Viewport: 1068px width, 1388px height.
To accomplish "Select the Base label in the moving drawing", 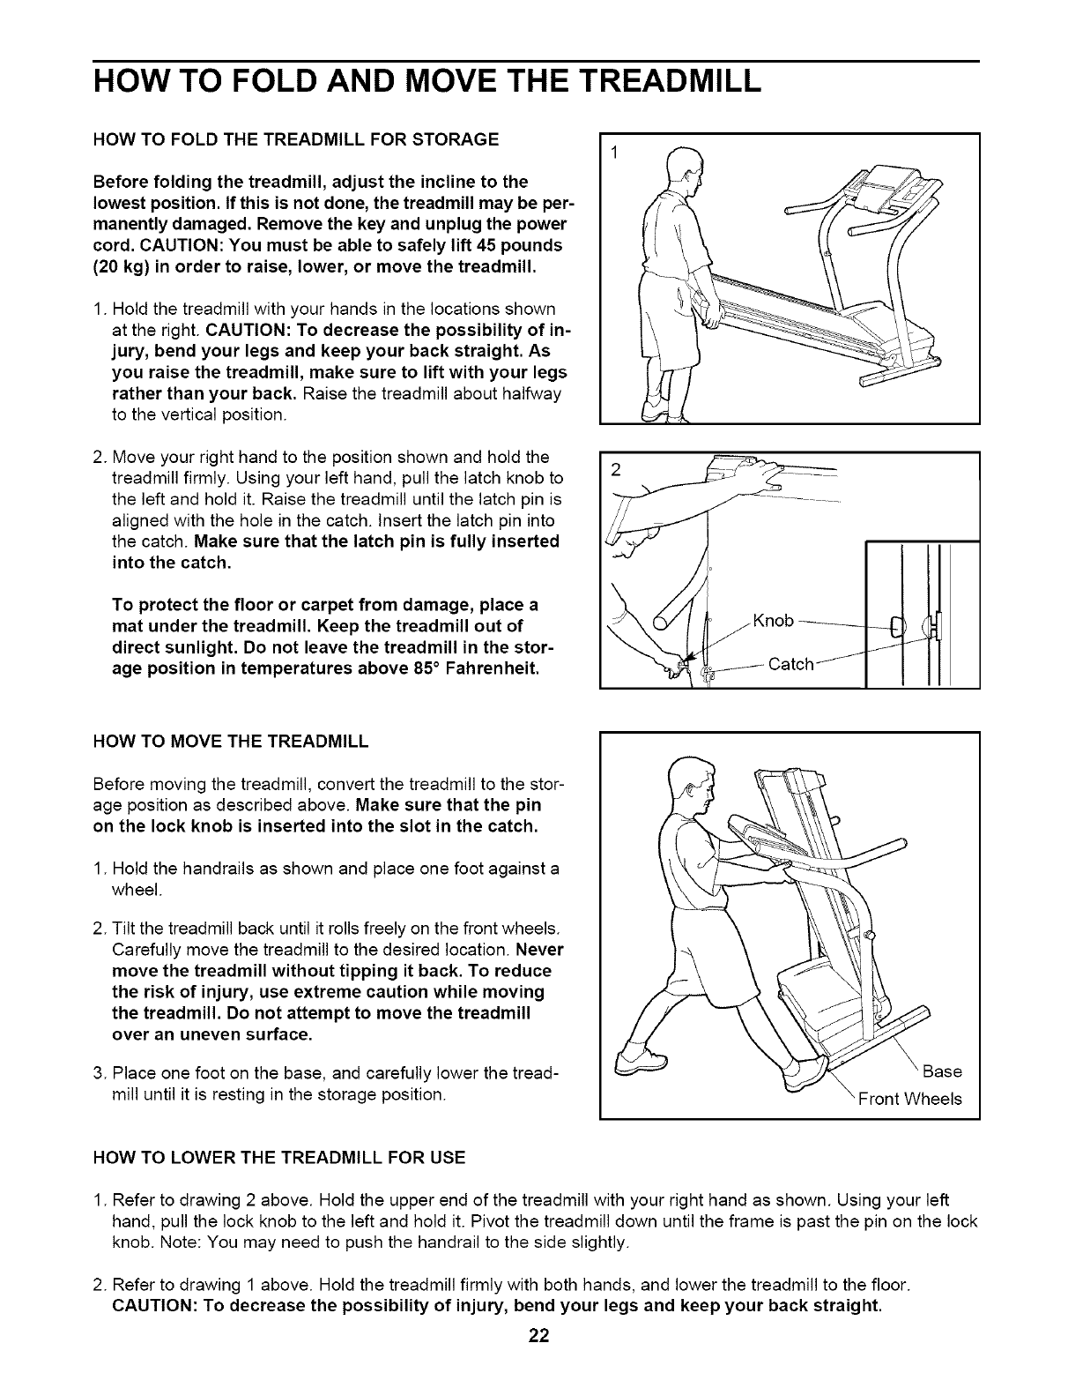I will [942, 1071].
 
